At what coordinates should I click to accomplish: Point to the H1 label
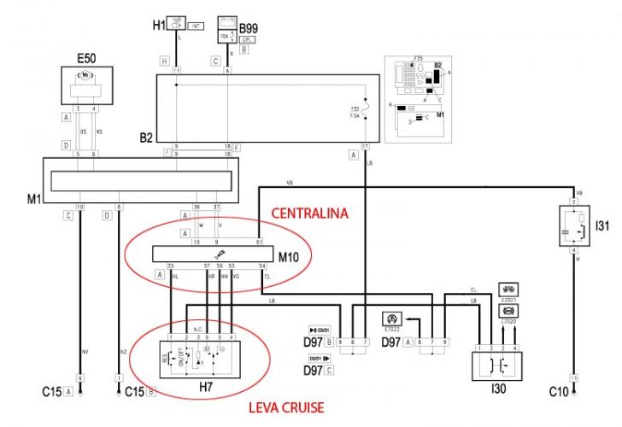click(160, 26)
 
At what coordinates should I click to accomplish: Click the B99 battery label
click(249, 28)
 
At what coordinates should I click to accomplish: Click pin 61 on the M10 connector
click(258, 243)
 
